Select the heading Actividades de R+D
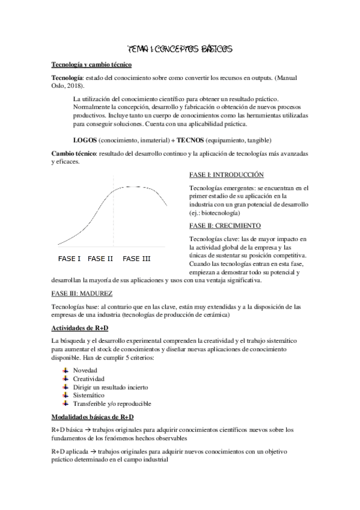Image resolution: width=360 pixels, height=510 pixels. coord(80,328)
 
